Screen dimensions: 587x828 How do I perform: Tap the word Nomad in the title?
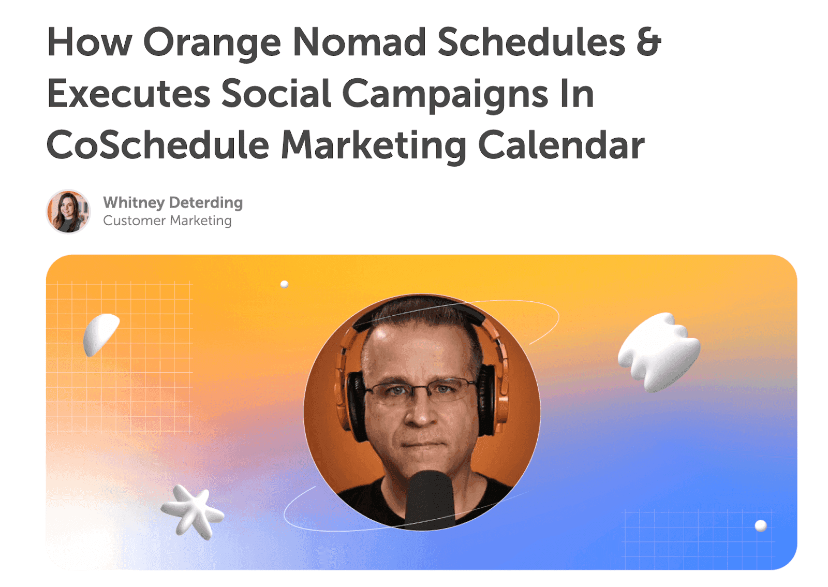[359, 42]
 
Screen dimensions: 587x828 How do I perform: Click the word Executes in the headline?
[128, 94]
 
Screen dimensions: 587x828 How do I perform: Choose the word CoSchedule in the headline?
[158, 145]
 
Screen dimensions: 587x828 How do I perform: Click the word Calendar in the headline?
[561, 145]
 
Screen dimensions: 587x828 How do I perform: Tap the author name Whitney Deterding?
[173, 202]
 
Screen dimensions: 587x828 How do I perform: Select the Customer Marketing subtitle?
[167, 221]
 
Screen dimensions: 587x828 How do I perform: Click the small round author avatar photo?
[68, 211]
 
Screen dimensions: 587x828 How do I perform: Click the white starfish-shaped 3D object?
[192, 511]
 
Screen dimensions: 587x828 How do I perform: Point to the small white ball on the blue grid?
[760, 525]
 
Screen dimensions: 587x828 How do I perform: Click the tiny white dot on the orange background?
[284, 284]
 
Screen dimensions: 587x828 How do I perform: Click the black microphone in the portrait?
[429, 497]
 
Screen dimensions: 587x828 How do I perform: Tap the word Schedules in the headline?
[531, 42]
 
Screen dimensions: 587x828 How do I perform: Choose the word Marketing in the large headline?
[374, 145]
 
